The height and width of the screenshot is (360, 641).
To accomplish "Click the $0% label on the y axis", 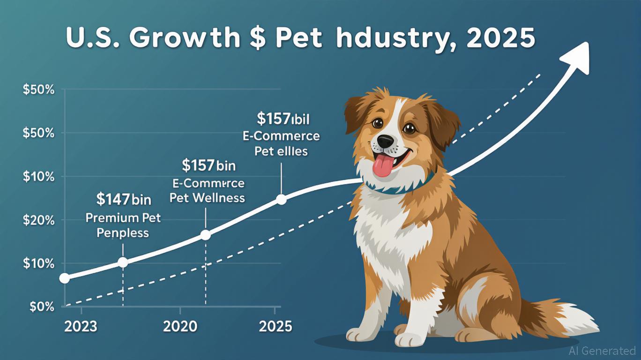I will (x=42, y=307).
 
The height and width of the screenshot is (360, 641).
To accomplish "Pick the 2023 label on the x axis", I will (x=81, y=326).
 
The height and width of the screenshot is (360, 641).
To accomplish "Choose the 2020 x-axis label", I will (x=179, y=326).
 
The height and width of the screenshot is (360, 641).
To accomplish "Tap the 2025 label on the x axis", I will (x=275, y=326).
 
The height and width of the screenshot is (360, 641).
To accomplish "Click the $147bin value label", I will (x=124, y=200).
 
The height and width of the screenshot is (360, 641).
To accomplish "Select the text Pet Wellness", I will (x=207, y=198).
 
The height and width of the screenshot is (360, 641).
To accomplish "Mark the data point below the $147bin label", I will (x=123, y=262).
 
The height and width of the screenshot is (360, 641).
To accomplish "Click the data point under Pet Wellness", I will (x=205, y=235).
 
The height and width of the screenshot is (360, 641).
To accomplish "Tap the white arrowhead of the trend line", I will (x=578, y=56).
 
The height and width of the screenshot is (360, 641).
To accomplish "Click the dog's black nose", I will (x=387, y=140).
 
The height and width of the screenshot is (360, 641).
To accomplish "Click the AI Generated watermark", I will (x=602, y=351).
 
